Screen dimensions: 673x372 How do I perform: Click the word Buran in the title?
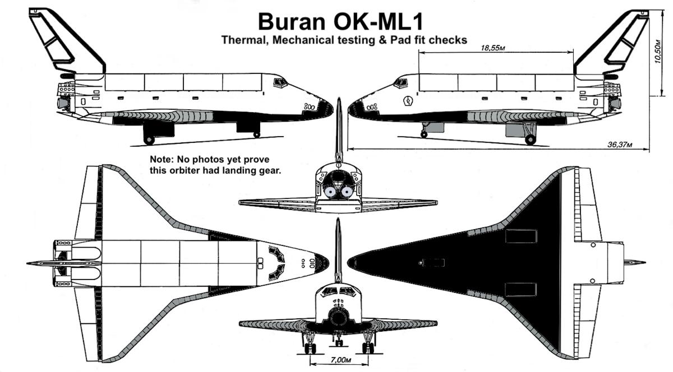tap(292, 22)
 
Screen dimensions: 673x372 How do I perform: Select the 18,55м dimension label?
tap(493, 48)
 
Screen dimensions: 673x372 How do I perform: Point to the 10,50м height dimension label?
tap(658, 52)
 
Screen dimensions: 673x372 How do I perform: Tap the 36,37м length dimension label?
tap(620, 145)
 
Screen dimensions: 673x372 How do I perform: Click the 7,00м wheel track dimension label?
tap(340, 360)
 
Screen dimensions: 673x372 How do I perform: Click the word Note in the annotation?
tap(161, 160)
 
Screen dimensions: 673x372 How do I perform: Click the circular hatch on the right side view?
tap(408, 101)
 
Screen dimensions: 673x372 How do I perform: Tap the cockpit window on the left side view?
tap(280, 82)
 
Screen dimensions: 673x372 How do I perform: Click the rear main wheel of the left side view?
tap(149, 140)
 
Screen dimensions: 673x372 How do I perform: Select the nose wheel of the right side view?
tap(424, 134)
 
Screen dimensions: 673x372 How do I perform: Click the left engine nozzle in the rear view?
tap(329, 192)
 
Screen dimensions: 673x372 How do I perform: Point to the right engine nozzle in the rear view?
tap(347, 191)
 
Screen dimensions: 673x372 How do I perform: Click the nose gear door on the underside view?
tap(432, 263)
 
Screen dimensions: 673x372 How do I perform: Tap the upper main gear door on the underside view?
tap(520, 236)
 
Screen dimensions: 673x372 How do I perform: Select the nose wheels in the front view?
tap(339, 342)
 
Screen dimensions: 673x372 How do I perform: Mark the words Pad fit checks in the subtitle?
tap(428, 40)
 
